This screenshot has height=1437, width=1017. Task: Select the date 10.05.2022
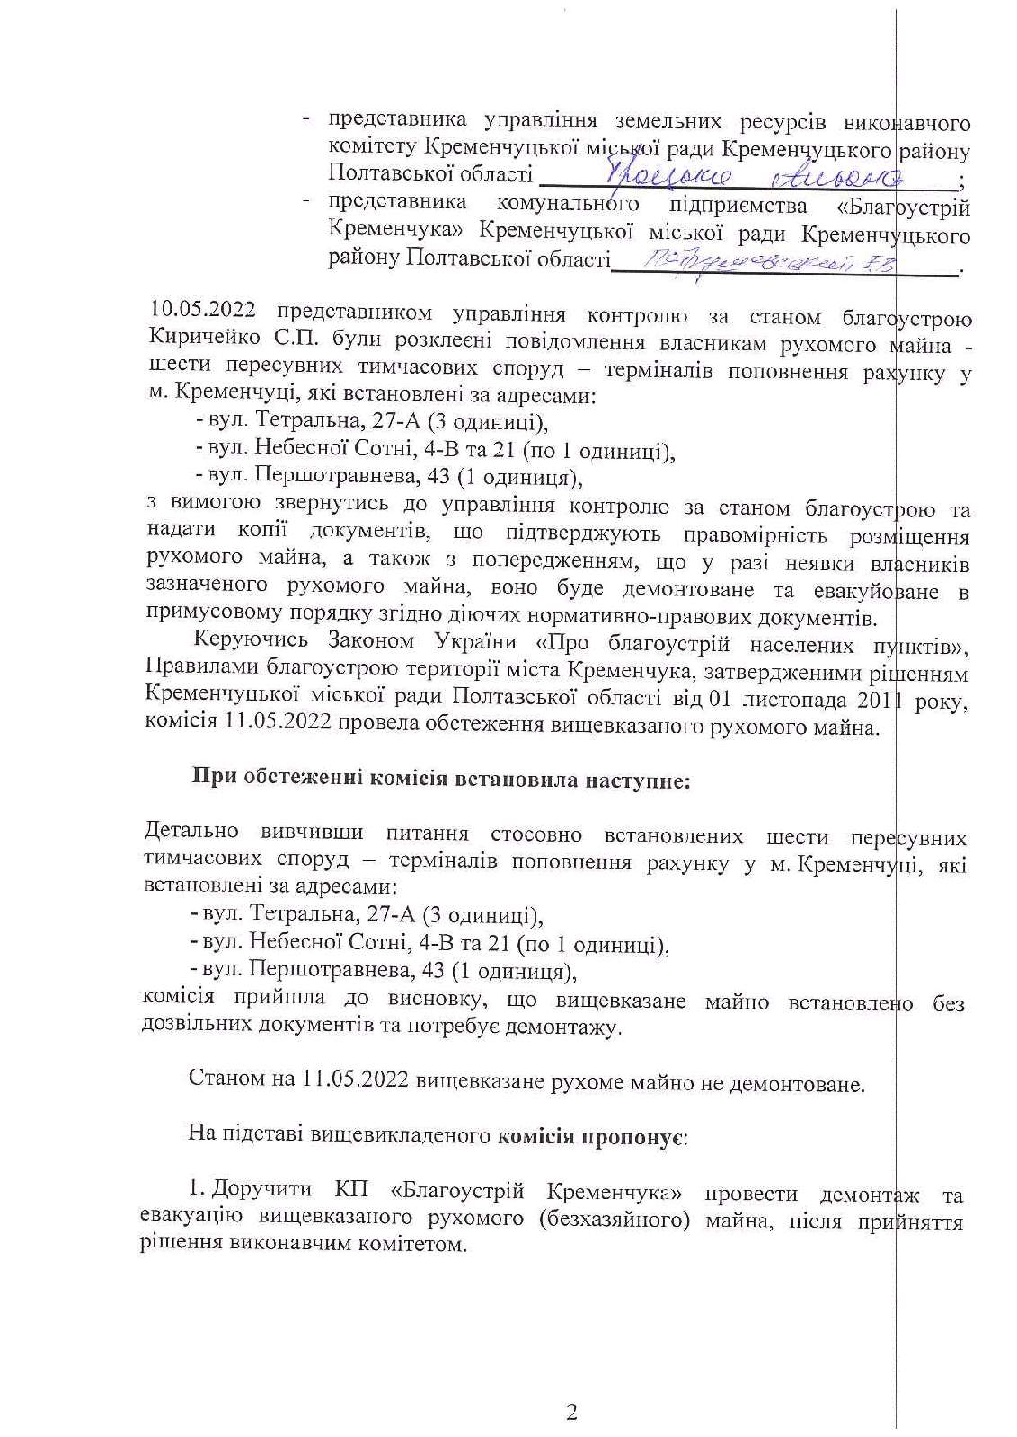click(203, 313)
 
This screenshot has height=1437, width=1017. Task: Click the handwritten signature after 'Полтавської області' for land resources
click(755, 174)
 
